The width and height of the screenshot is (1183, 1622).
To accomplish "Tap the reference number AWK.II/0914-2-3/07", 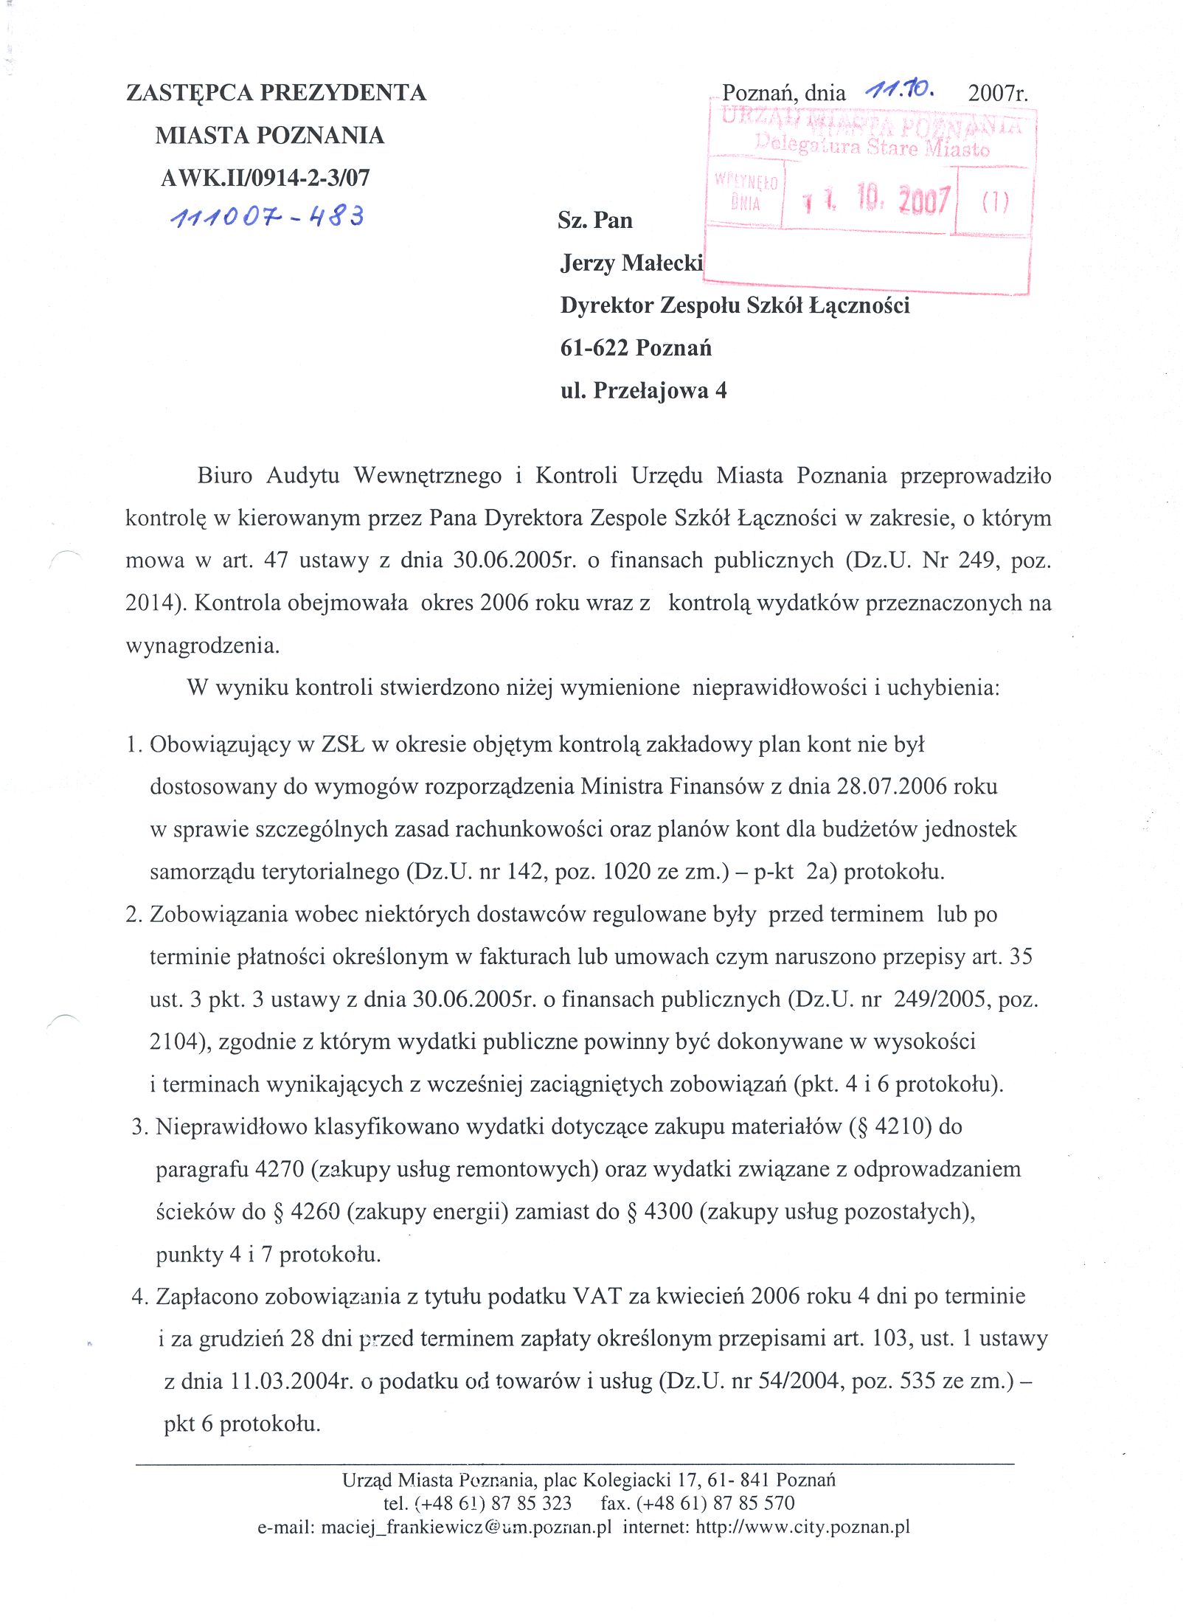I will tap(266, 178).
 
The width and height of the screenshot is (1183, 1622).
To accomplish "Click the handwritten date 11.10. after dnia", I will tap(901, 91).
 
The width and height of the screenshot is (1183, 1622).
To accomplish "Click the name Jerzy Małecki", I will tap(631, 263).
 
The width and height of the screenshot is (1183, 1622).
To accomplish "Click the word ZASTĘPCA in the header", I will tap(190, 93).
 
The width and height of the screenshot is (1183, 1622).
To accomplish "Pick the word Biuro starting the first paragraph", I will tap(225, 476).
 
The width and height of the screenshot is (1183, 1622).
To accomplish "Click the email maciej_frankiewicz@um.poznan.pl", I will tap(466, 1527).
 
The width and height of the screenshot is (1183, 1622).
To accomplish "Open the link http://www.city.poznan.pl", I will tap(802, 1527).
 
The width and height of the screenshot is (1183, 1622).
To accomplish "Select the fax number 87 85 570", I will tap(754, 1503).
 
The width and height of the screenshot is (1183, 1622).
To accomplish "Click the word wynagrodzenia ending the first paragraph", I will tap(202, 646).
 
